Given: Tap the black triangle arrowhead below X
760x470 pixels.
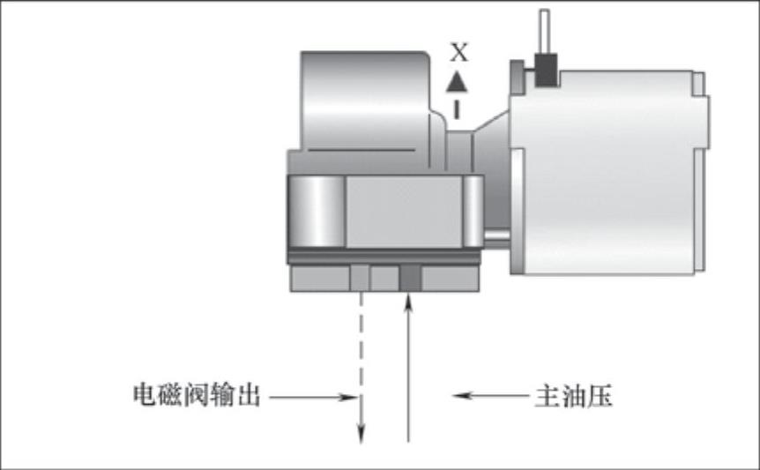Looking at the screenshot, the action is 456,81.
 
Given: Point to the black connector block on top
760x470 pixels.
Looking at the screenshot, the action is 545,71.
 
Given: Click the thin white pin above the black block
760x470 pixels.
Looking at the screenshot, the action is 544,31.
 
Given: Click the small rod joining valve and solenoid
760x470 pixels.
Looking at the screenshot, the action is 496,235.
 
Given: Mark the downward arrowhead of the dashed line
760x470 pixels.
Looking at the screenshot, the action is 361,431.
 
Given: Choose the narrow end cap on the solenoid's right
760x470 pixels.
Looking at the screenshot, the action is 699,172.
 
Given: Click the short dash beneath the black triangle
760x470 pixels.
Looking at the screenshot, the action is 457,109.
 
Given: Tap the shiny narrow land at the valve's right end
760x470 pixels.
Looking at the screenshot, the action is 473,212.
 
